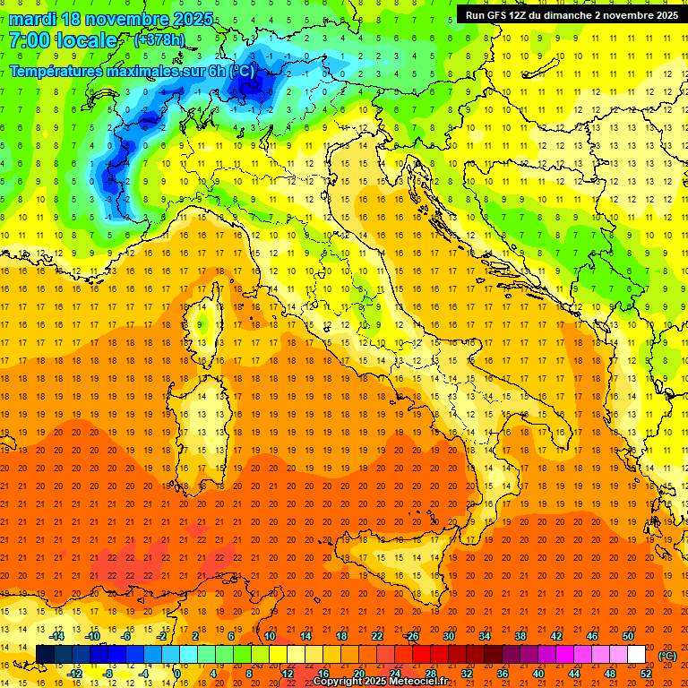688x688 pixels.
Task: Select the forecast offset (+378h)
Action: [x=159, y=40]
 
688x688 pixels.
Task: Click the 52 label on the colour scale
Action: [x=646, y=674]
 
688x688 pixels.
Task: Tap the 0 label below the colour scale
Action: [x=177, y=674]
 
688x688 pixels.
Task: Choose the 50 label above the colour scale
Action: [x=628, y=636]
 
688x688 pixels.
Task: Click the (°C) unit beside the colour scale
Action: [x=666, y=655]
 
